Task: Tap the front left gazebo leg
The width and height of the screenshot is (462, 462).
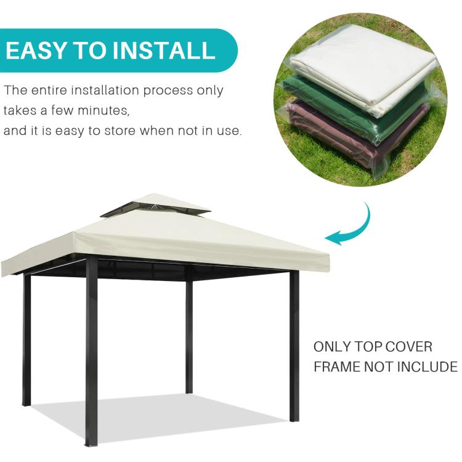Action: [91, 351]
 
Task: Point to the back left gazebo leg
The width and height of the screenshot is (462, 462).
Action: [26, 339]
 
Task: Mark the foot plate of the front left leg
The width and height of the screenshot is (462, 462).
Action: [91, 443]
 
